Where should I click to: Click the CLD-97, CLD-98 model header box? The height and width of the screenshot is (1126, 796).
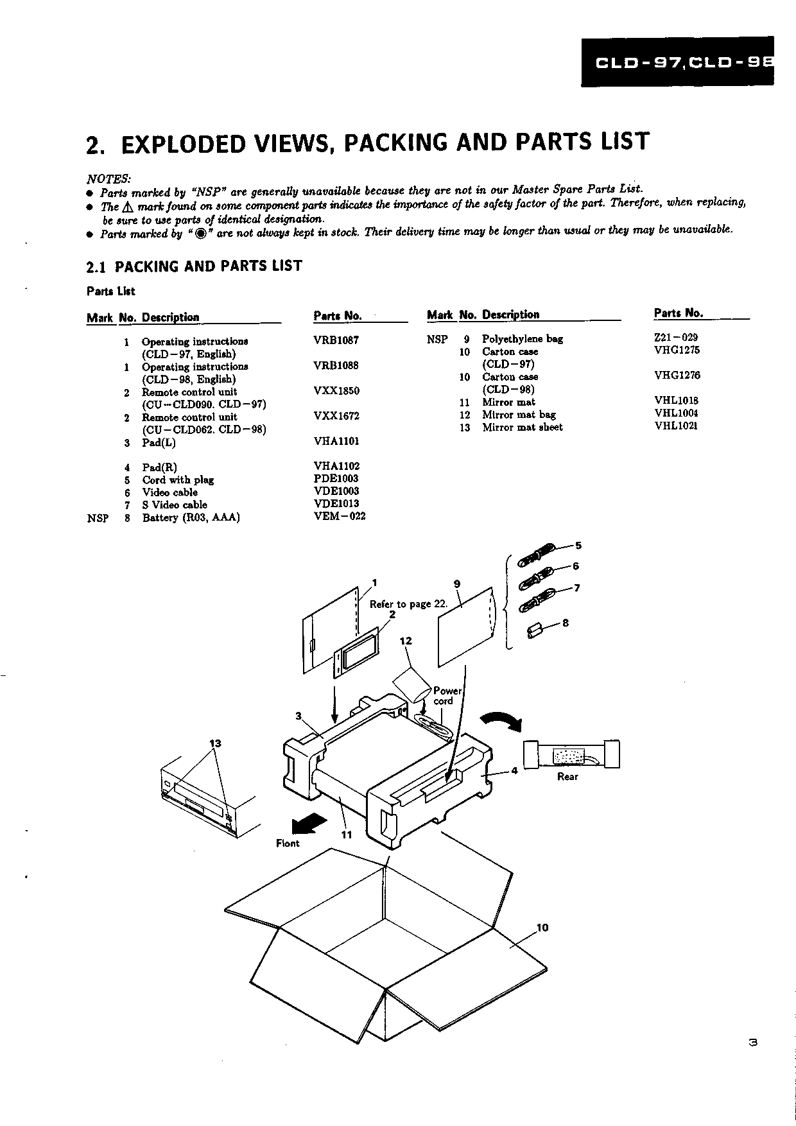coord(677,62)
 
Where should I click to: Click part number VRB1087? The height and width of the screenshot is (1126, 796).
coord(336,340)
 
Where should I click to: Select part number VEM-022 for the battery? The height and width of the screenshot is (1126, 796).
coord(340,516)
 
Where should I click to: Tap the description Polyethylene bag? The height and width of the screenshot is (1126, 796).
coord(522,339)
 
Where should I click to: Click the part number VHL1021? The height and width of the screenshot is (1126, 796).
coord(676,426)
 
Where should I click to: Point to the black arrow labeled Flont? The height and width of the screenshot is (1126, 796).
coord(310,822)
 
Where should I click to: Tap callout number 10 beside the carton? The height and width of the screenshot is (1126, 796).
coord(542,928)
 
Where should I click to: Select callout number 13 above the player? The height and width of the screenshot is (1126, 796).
coord(215,743)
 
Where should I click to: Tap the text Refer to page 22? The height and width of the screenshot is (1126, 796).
coord(408,604)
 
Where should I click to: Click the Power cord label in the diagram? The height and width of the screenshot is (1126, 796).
coord(447,696)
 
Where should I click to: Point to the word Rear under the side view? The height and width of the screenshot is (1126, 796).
coord(567,777)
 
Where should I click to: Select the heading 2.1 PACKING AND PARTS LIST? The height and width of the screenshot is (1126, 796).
coord(194,266)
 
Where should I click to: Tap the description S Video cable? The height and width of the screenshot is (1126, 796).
coord(175,505)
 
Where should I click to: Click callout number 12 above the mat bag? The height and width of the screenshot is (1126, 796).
coord(406,641)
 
